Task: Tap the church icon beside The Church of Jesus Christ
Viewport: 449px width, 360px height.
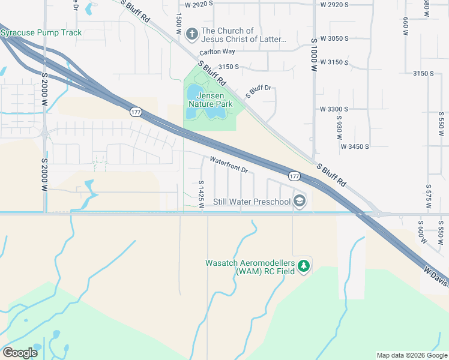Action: point(192,34)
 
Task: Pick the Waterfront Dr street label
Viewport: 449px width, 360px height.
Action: point(229,165)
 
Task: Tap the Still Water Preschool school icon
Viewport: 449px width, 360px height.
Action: point(300,202)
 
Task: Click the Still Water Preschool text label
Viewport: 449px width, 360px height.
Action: point(252,202)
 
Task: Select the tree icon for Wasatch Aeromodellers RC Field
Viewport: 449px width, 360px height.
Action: point(304,266)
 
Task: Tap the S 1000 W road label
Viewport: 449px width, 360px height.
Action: point(313,56)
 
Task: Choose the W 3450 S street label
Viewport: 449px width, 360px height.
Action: point(355,146)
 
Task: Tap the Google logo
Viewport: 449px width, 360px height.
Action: point(20,353)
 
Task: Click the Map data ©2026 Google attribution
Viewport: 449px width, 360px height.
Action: point(411,355)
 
